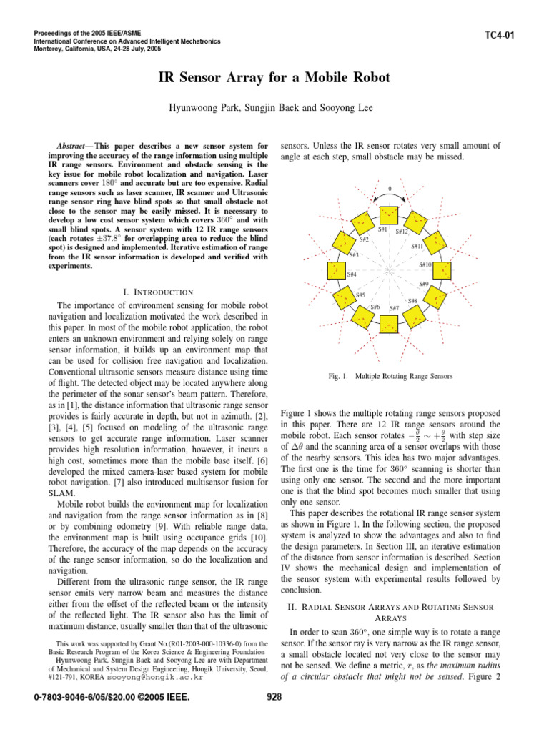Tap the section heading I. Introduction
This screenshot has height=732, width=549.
tap(158, 292)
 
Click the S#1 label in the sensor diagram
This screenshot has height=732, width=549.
tap(383, 229)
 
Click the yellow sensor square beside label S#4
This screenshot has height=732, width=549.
tap(333, 271)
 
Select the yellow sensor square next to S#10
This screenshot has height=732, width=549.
tap(444, 271)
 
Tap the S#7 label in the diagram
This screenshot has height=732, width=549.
tap(394, 308)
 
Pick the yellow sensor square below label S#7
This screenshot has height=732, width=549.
tap(388, 326)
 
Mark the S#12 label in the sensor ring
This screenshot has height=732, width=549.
tap(401, 232)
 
